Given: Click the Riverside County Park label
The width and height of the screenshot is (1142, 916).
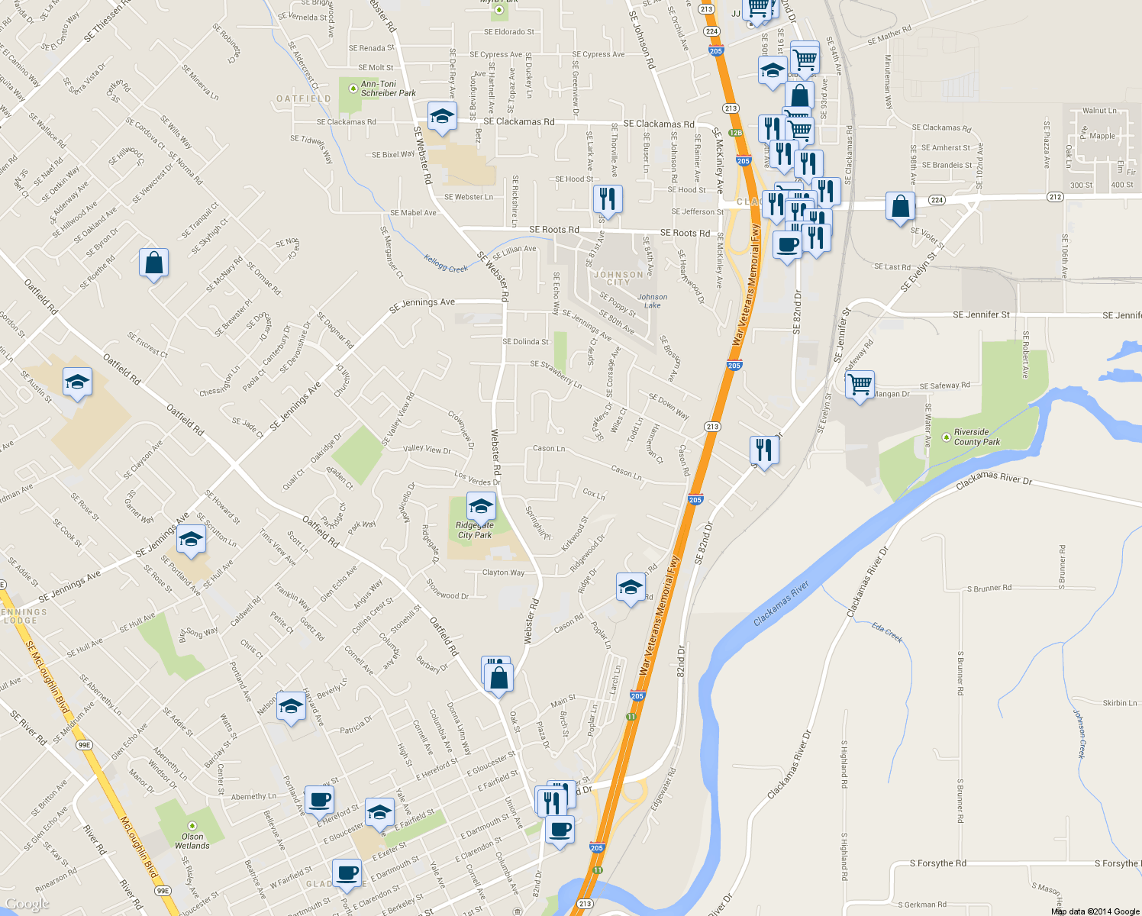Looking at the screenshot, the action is (x=976, y=437).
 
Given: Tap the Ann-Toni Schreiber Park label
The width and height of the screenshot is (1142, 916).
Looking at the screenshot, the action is (x=388, y=89).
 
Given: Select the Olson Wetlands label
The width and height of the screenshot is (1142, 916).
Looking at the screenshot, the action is (x=192, y=840).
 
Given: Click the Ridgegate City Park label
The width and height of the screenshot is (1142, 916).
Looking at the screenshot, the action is (x=475, y=531).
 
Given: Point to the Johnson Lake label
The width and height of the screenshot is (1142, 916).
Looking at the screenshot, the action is (x=652, y=301).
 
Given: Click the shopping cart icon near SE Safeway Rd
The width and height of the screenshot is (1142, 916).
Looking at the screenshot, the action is (x=860, y=385).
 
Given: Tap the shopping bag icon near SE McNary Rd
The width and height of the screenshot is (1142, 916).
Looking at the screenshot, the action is (x=153, y=263).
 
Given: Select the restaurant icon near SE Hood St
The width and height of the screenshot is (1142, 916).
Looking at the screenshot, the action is (x=608, y=199).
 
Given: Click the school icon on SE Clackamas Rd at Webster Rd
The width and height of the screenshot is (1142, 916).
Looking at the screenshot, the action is (x=441, y=117).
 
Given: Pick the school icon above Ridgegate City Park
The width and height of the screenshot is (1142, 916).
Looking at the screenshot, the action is (x=480, y=506).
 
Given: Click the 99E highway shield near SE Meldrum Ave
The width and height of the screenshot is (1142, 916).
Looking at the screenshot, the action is (x=84, y=745).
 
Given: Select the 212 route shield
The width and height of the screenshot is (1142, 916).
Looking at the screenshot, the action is (x=1055, y=197).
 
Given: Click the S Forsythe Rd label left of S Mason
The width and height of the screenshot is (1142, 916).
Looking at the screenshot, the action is (x=937, y=863).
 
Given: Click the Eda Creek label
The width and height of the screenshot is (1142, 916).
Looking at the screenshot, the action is (x=888, y=633).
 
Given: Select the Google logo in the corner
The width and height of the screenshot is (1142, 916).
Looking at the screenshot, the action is (x=27, y=904).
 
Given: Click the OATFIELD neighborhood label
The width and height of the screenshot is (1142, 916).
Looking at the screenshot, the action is (x=303, y=99).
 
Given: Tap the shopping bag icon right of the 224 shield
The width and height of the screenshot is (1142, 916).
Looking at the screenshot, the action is (x=900, y=207).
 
